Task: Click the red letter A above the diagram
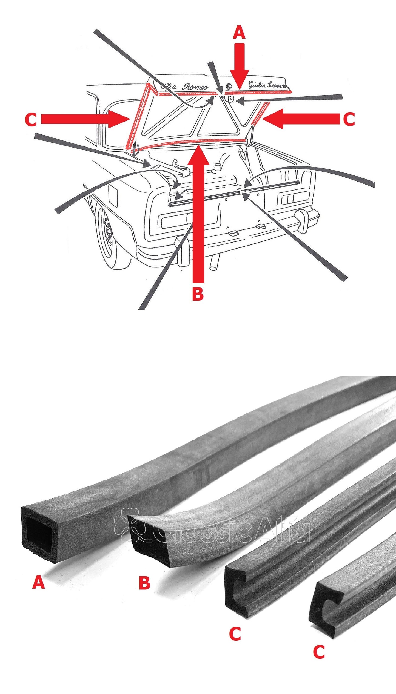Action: coord(239,33)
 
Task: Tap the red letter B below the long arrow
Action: coord(198,294)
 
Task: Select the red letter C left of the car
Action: coord(31,120)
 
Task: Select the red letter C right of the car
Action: coord(349,119)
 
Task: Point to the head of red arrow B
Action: coord(198,155)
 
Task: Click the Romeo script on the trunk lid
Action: coord(195,87)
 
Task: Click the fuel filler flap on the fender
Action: coord(113,195)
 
